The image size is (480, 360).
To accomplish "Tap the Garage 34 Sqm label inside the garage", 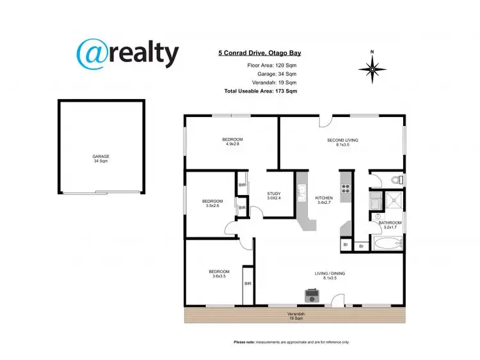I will click(x=100, y=159).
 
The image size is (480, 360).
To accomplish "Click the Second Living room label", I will click(x=342, y=142).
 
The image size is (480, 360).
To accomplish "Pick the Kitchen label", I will click(x=324, y=200).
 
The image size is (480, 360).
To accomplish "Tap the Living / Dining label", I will click(x=330, y=276).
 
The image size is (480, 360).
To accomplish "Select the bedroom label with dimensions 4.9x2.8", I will click(x=232, y=141).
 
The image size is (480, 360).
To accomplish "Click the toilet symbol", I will click(x=397, y=179).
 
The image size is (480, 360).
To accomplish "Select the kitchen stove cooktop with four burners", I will click(x=346, y=188).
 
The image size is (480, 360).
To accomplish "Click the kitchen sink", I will click(x=300, y=190).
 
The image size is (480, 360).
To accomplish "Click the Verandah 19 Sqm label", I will click(x=295, y=315).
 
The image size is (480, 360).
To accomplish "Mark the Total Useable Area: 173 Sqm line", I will click(x=260, y=91).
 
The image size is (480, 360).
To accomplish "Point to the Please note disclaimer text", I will click(x=291, y=343).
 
